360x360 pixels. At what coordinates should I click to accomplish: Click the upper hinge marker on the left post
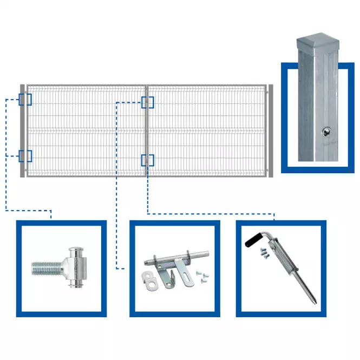tap(25, 100)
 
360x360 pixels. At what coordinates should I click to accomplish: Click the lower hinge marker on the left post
tap(25, 156)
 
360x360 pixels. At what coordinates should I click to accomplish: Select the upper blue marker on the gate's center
tap(147, 102)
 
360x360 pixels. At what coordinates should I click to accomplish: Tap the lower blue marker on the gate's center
tap(147, 160)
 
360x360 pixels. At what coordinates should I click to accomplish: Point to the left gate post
tap(23, 130)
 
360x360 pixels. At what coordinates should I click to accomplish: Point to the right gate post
tap(271, 130)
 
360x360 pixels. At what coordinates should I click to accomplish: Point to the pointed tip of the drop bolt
tap(313, 299)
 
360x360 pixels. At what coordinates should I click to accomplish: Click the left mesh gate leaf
tap(87, 130)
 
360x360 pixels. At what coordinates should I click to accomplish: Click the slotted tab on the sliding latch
tap(185, 279)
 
